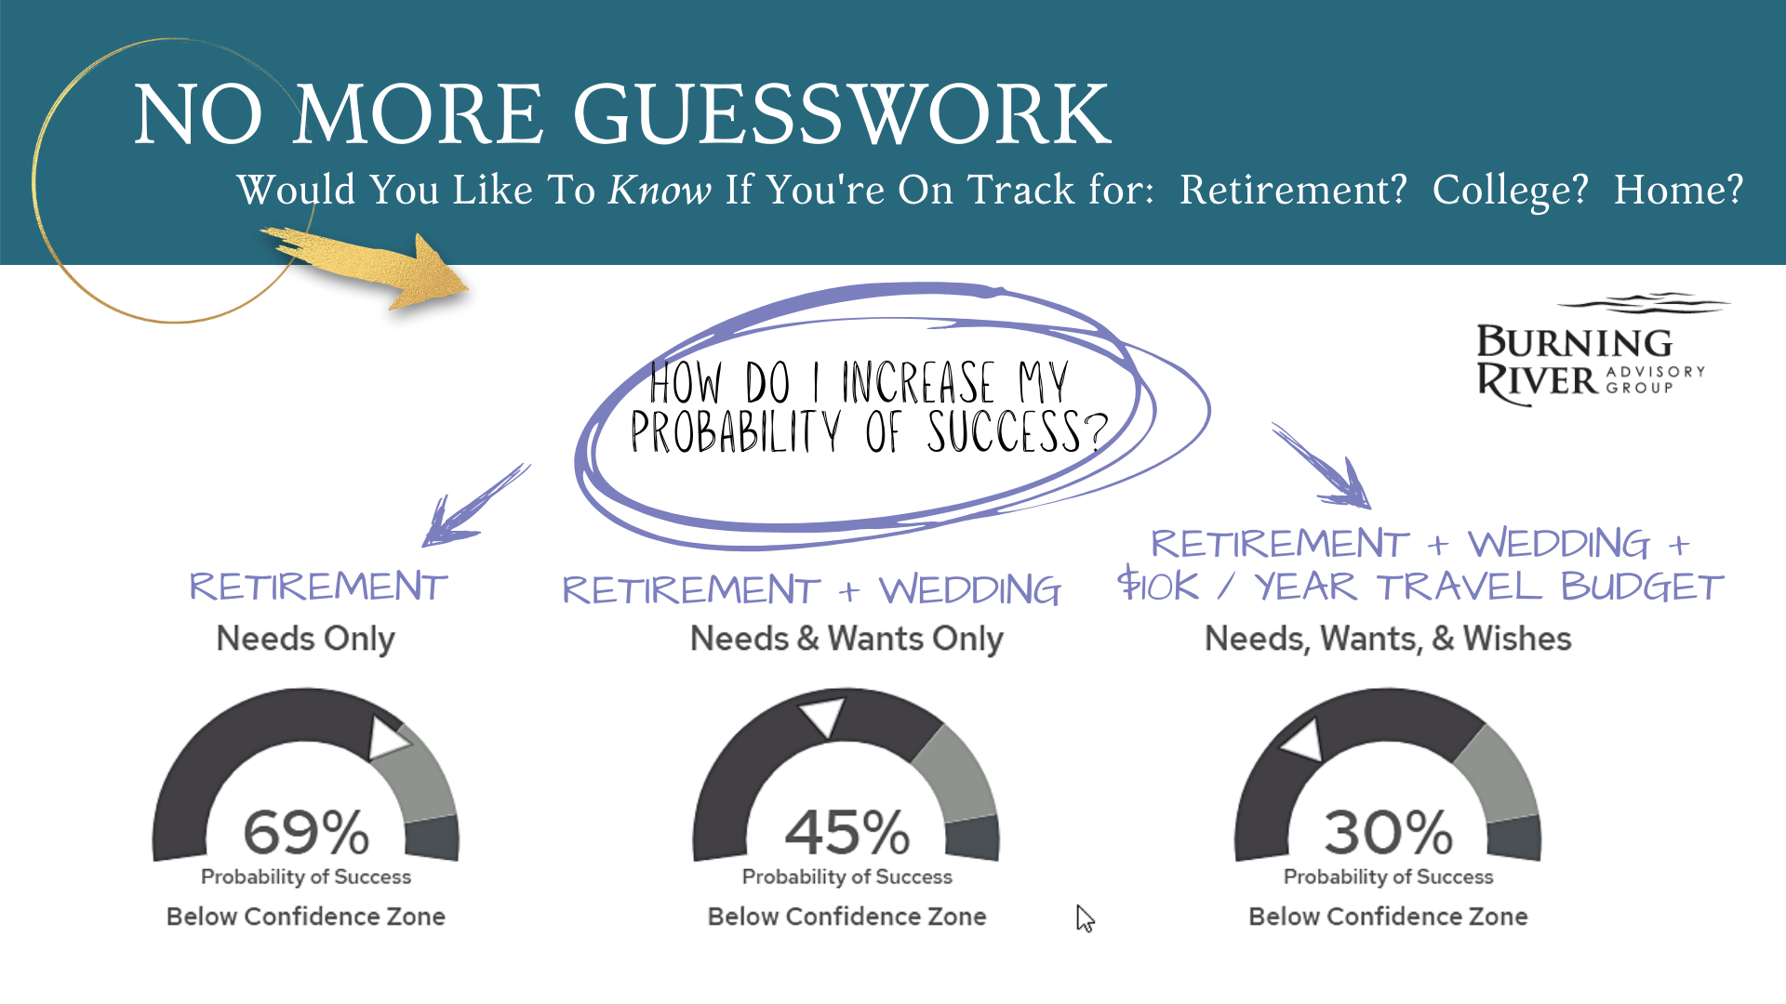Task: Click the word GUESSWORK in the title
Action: (x=842, y=114)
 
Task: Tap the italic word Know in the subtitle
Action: (x=660, y=190)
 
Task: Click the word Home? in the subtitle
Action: (x=1678, y=190)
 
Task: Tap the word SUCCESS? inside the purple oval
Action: (x=1018, y=432)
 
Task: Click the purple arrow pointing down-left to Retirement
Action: (x=474, y=506)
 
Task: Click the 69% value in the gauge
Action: (x=306, y=831)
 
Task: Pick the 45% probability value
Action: (x=846, y=831)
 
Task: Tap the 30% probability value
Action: (x=1388, y=831)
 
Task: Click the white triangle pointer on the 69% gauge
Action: (x=387, y=737)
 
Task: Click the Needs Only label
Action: (x=305, y=640)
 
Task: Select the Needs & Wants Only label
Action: (x=846, y=640)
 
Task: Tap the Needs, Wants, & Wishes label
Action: (x=1388, y=640)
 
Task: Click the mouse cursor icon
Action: (x=1085, y=918)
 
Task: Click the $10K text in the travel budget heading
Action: (x=1158, y=585)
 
